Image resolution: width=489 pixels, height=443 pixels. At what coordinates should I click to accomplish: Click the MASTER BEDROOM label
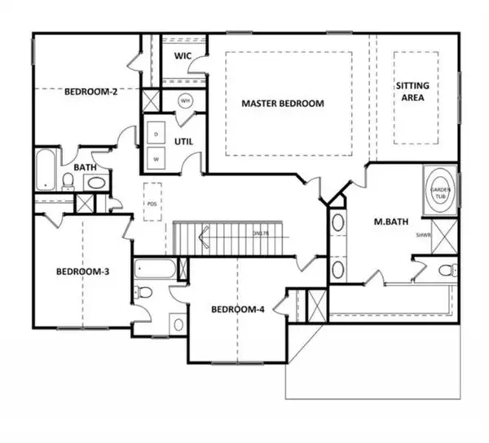(x=282, y=104)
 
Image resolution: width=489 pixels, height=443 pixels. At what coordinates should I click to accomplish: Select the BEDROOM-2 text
(x=92, y=92)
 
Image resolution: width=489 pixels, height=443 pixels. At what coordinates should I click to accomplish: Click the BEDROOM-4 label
(x=237, y=308)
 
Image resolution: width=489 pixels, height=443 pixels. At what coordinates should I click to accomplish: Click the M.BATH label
(x=385, y=221)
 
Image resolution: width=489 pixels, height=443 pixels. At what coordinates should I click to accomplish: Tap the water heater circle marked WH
(x=185, y=101)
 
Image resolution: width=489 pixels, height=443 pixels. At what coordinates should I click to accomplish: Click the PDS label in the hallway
(x=151, y=206)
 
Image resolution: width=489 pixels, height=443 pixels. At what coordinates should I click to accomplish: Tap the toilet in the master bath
(x=443, y=270)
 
